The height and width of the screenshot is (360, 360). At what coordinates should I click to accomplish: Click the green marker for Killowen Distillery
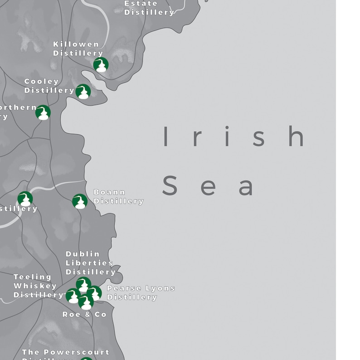pyautogui.click(x=101, y=65)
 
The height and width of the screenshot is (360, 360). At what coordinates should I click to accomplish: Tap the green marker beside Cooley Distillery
pyautogui.click(x=83, y=92)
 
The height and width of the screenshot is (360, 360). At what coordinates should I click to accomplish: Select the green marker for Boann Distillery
pyautogui.click(x=80, y=201)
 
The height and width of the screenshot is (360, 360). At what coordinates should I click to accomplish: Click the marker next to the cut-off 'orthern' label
pyautogui.click(x=43, y=112)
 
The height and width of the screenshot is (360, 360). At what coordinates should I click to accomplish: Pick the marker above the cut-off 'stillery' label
pyautogui.click(x=25, y=199)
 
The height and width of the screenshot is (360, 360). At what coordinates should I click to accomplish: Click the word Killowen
pyautogui.click(x=76, y=44)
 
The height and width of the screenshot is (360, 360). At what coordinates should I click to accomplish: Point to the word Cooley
pyautogui.click(x=42, y=82)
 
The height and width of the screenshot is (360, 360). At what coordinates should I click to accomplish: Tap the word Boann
pyautogui.click(x=109, y=192)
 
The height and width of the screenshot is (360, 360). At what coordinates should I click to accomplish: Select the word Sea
pyautogui.click(x=208, y=186)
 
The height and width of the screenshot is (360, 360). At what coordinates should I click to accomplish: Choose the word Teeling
pyautogui.click(x=33, y=277)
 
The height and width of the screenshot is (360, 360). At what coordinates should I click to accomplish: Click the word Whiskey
pyautogui.click(x=35, y=286)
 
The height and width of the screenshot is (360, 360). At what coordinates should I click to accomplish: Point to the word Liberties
pyautogui.click(x=89, y=263)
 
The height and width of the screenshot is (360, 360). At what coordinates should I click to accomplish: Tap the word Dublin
pyautogui.click(x=83, y=254)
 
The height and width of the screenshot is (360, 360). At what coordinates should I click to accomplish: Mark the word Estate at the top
pyautogui.click(x=141, y=4)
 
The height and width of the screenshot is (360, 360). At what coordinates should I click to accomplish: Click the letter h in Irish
pyautogui.click(x=297, y=136)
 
